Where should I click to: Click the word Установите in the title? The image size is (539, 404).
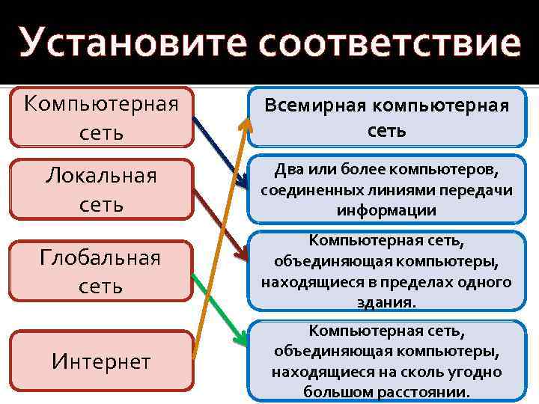point(135,43)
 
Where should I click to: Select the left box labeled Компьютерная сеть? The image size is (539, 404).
point(101,117)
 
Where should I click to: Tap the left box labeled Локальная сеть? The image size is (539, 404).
point(101,189)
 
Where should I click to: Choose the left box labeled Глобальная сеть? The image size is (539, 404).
point(101,271)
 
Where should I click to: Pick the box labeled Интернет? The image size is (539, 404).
point(101,361)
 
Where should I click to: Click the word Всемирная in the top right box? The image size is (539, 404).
point(312,105)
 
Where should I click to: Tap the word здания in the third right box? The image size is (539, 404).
point(385,302)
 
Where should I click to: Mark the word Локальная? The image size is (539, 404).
point(101,177)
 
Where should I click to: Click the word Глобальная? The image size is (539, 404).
point(101,258)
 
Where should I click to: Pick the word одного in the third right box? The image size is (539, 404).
point(487,282)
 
